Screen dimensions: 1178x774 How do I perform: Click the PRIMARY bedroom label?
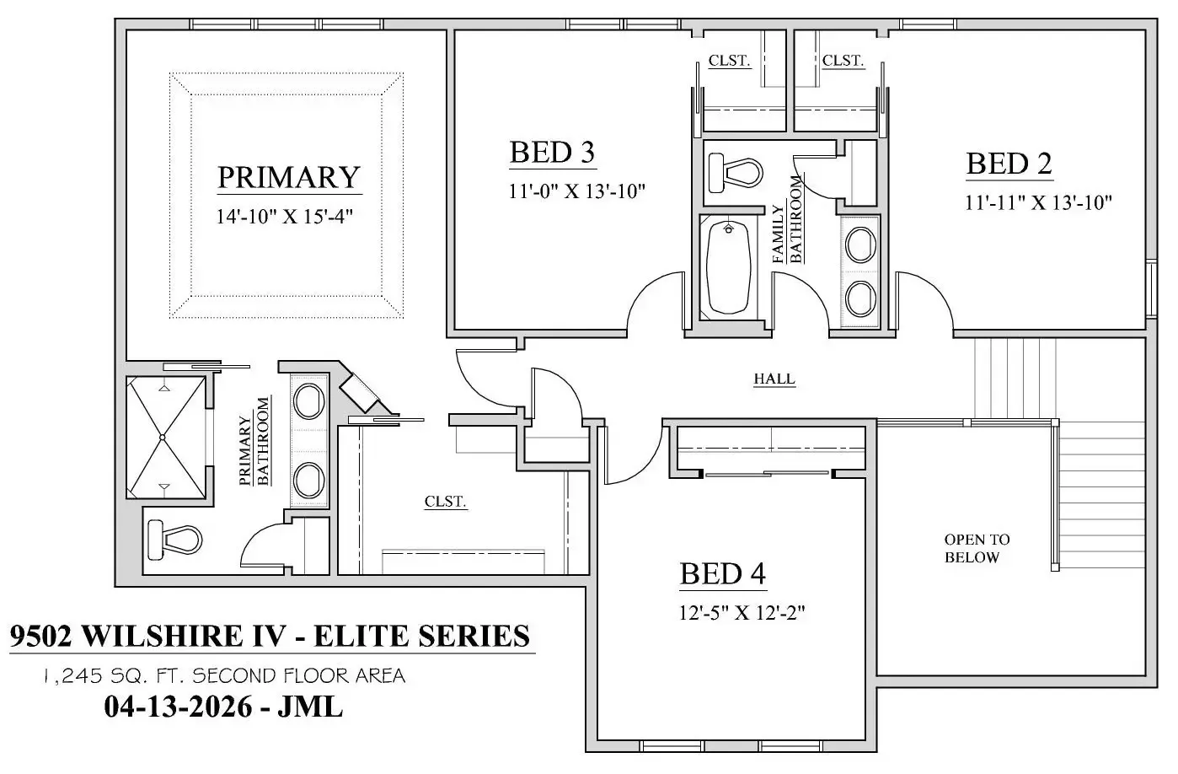[x=289, y=177]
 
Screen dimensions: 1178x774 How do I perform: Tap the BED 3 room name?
[x=552, y=153]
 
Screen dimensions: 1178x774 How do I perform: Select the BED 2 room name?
[x=1009, y=164]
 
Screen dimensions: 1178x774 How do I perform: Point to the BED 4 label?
[x=723, y=573]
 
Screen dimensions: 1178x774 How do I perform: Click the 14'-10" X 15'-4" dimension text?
[x=285, y=216]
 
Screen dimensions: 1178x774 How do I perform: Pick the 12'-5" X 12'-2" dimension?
[x=742, y=612]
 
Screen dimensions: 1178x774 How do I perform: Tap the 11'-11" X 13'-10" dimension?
[x=1038, y=202]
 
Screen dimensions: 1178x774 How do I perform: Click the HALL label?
[x=774, y=379]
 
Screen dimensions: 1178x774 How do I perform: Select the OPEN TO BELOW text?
[x=977, y=548]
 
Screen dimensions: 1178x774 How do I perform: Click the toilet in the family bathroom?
[x=736, y=173]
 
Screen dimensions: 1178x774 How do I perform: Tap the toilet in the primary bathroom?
[x=175, y=540]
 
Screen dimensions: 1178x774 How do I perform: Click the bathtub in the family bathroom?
[x=728, y=268]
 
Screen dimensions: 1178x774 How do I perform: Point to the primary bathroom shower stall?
[x=166, y=438]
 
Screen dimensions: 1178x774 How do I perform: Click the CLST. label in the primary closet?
[x=446, y=502]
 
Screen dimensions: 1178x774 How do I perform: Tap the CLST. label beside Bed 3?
[x=729, y=61]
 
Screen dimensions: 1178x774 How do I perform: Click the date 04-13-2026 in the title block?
[x=179, y=707]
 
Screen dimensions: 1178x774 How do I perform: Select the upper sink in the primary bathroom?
[x=308, y=402]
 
